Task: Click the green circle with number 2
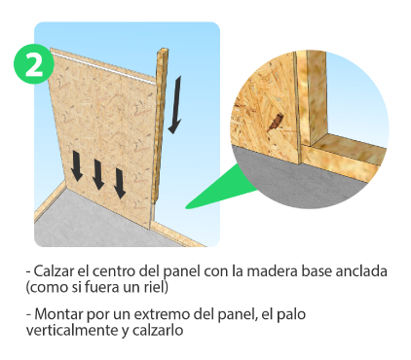point(34,64)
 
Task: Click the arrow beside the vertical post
point(175,105)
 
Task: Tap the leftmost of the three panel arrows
point(77,165)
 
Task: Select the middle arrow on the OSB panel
point(98,174)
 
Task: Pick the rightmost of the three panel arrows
point(120,183)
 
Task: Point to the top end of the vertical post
point(164,50)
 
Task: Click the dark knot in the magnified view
point(276,122)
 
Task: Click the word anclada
point(361,271)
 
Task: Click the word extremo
point(162,314)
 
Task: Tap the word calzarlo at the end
point(158,331)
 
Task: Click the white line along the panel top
point(104,68)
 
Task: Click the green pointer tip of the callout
point(186,207)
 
